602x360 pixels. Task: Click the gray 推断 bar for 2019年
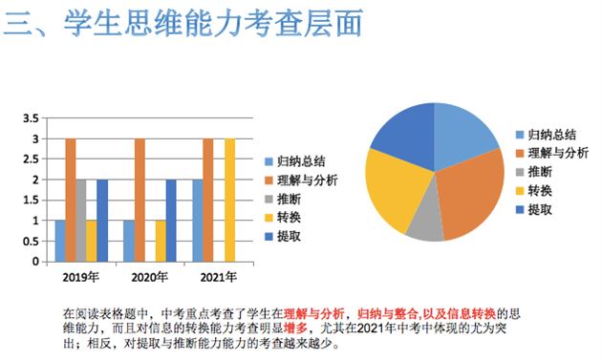(x=81, y=220)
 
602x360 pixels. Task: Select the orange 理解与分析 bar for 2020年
(x=140, y=200)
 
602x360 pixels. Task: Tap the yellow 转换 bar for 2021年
(x=229, y=200)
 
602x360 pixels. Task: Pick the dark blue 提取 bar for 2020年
(x=171, y=220)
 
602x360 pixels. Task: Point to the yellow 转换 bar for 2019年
(x=92, y=240)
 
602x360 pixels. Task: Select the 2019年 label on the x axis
(x=81, y=278)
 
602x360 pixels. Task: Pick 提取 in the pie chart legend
(x=541, y=209)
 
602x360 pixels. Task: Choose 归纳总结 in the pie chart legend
(x=554, y=136)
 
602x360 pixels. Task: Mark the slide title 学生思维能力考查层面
(x=215, y=24)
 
